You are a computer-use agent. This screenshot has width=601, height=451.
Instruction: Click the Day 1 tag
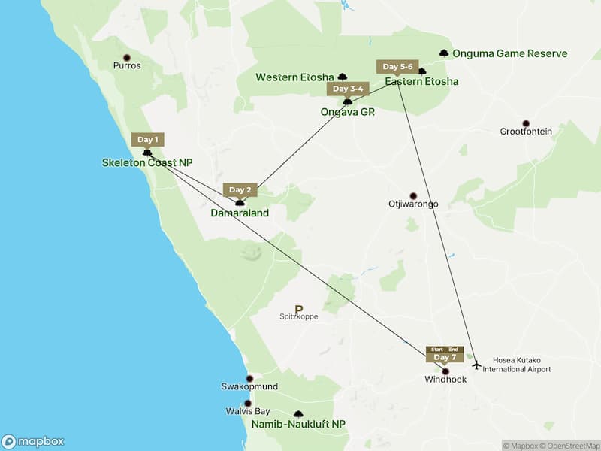point(147,139)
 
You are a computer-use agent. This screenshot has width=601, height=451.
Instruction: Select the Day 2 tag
point(240,189)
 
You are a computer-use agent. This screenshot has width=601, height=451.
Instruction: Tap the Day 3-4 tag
point(348,89)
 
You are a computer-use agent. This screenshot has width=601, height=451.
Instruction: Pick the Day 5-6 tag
point(398,66)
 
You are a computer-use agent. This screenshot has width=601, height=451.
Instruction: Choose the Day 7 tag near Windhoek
point(445,356)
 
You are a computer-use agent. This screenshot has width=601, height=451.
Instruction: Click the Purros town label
point(127,65)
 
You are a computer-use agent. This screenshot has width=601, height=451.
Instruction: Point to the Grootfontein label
point(526,132)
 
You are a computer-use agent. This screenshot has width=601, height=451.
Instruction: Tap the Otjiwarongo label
point(412,204)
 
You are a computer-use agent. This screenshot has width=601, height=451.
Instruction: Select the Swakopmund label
point(249,386)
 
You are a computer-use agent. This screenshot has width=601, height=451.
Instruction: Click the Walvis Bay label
point(248,411)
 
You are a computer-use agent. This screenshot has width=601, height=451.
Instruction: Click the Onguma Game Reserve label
point(510,54)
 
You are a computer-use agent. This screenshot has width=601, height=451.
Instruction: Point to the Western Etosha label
point(295,77)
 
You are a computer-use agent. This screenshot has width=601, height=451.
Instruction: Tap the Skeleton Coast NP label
point(153,162)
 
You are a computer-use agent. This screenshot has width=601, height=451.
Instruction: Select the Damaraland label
point(240,213)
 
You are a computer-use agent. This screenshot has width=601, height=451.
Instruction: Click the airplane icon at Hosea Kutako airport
point(476,365)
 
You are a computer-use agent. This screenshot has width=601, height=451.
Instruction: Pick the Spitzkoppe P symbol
point(299,308)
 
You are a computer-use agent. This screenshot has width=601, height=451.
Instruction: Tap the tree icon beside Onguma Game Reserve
point(444,53)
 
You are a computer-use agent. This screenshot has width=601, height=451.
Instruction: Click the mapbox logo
point(33,442)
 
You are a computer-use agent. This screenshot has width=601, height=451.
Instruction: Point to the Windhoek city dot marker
point(445,371)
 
